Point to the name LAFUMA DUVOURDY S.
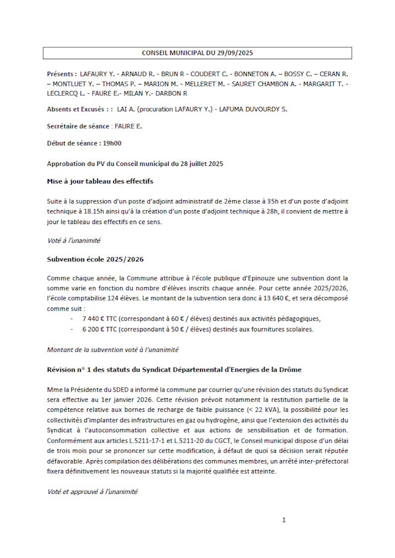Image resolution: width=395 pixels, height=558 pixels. click(255, 109)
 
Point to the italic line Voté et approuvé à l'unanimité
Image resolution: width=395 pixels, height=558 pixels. click(92, 491)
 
